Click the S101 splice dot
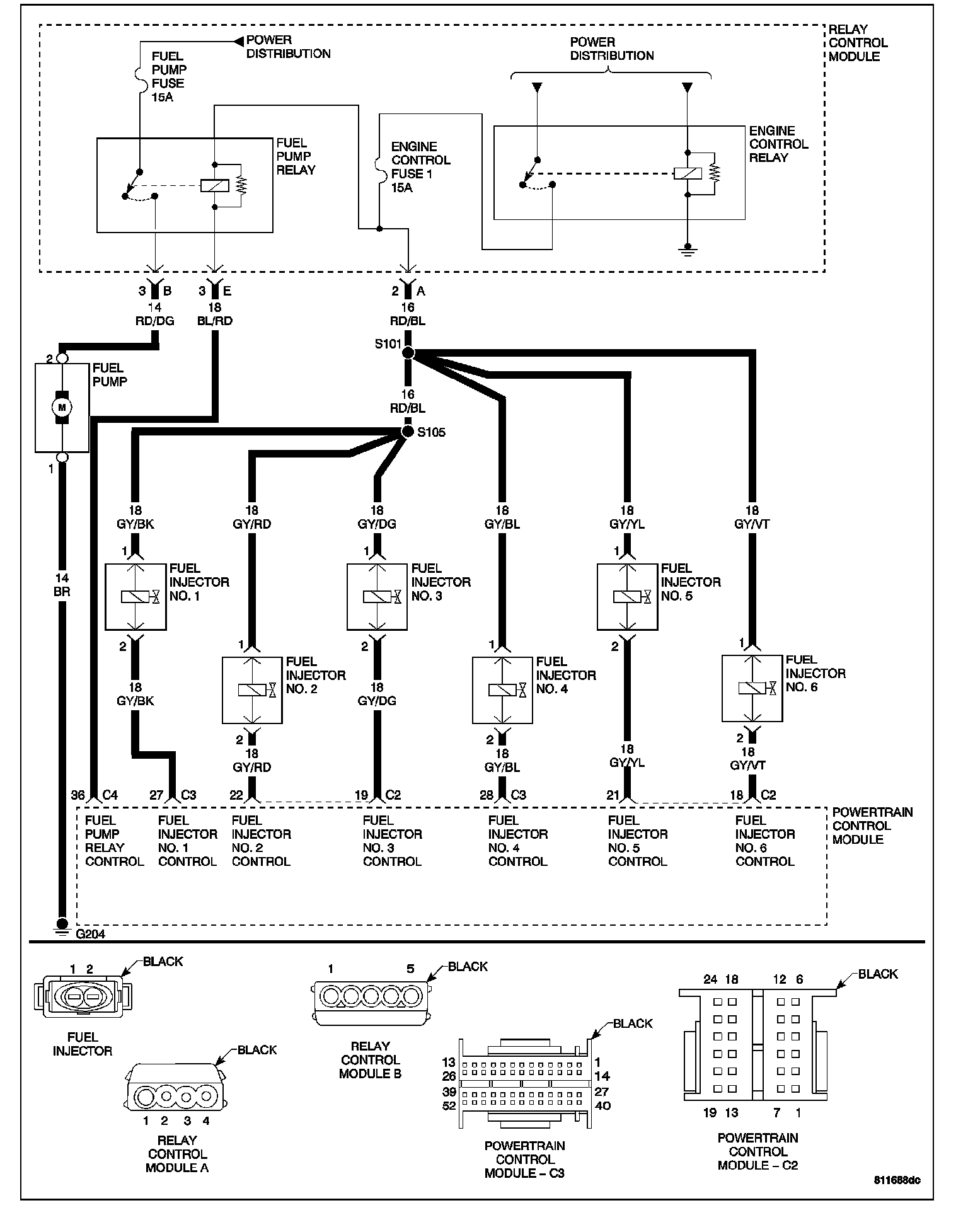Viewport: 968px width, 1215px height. pyautogui.click(x=408, y=353)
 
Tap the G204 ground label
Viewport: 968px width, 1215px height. pyautogui.click(x=90, y=934)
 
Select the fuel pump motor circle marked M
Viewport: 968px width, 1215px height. pyautogui.click(x=62, y=407)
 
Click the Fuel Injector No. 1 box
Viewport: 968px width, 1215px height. pyautogui.click(x=135, y=597)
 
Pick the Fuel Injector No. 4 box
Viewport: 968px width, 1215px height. pyautogui.click(x=502, y=690)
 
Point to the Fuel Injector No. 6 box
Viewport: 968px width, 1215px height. pyautogui.click(x=752, y=689)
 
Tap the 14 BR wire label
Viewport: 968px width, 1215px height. pyautogui.click(x=62, y=585)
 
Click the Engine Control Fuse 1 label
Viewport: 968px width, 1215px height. pyautogui.click(x=420, y=167)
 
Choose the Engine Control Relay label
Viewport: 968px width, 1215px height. pyautogui.click(x=778, y=144)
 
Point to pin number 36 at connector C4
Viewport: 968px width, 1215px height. pyautogui.click(x=78, y=795)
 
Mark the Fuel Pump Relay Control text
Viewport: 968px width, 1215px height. pyautogui.click(x=114, y=841)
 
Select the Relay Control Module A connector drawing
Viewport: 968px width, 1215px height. pyautogui.click(x=177, y=1096)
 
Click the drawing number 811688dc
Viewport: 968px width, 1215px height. pyautogui.click(x=896, y=1180)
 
